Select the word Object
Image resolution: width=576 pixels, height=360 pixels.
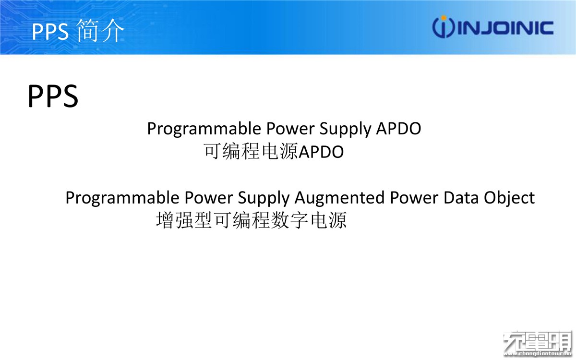pos(509,198)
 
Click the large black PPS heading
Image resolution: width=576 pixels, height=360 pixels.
pos(53,96)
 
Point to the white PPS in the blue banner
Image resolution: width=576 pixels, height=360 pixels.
pos(50,31)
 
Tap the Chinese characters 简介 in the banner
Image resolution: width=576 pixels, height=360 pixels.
pos(100,31)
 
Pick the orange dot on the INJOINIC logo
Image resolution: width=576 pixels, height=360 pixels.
pos(444,18)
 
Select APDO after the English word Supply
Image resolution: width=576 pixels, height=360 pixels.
pos(398,128)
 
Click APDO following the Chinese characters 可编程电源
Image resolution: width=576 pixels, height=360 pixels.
pos(321,152)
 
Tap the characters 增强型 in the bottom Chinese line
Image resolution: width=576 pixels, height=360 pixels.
pos(184,220)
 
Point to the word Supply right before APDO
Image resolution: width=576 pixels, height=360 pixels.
pos(345,129)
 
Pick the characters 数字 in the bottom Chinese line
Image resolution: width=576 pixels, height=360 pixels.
pos(289,220)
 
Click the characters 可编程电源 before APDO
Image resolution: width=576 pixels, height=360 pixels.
pos(251,151)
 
